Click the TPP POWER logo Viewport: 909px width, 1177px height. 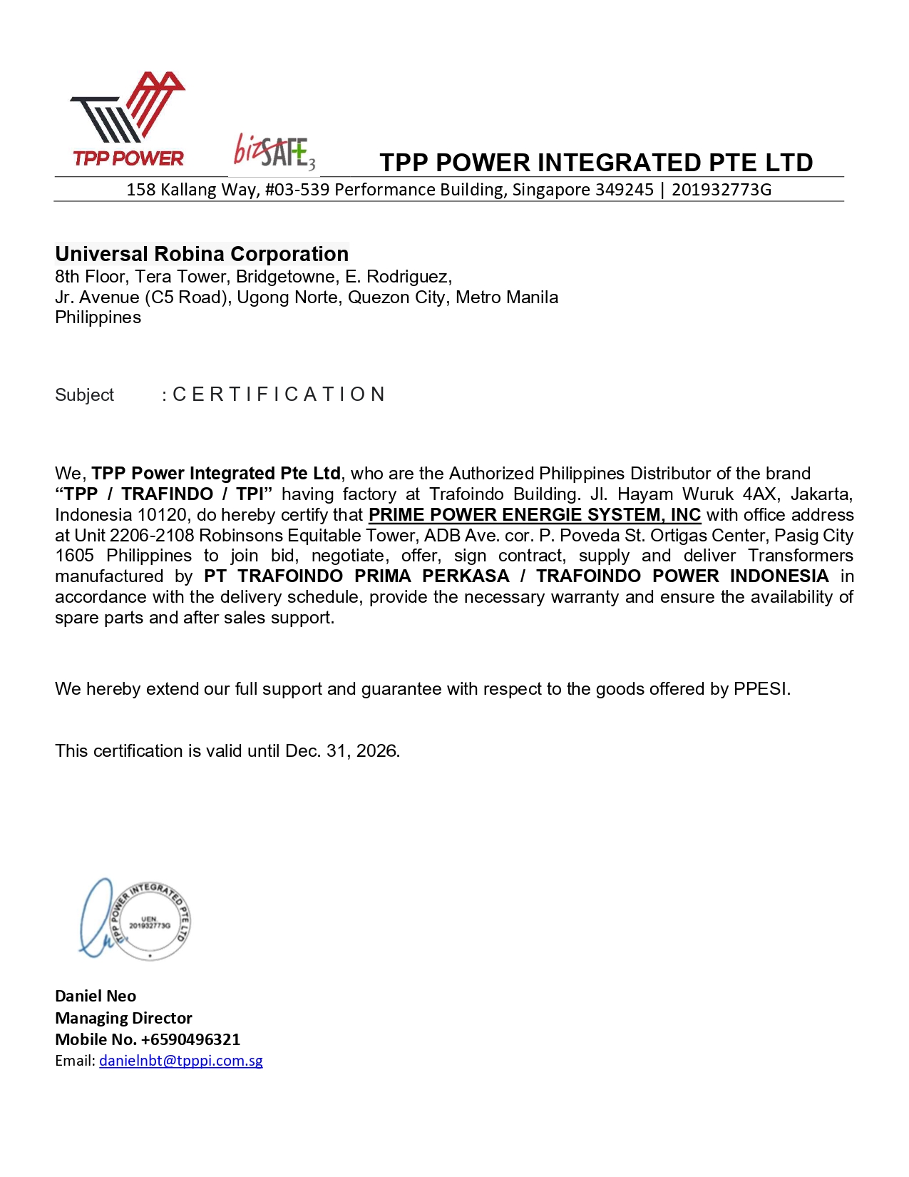click(x=128, y=119)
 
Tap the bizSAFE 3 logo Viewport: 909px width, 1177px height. click(x=274, y=152)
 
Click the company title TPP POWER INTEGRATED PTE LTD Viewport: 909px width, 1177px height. click(x=596, y=163)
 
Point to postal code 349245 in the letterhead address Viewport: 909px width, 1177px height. click(x=624, y=190)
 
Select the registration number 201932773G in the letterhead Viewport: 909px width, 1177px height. click(x=721, y=190)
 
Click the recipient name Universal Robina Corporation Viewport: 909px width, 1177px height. click(x=202, y=254)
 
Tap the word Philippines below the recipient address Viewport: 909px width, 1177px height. click(x=98, y=317)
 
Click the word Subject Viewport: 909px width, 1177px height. click(x=84, y=395)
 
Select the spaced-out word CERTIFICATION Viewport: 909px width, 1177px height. click(x=279, y=394)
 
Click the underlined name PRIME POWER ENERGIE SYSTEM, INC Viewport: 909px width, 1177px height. click(x=534, y=515)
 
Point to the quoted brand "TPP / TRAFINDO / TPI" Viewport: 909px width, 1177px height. click(x=164, y=494)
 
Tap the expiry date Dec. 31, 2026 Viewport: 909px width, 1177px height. click(x=341, y=751)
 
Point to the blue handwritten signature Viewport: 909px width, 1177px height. click(x=96, y=920)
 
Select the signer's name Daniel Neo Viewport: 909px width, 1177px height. click(x=96, y=996)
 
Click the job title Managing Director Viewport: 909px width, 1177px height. click(x=123, y=1018)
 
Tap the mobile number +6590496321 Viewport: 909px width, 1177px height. click(x=190, y=1039)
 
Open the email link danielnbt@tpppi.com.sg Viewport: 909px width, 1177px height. click(x=181, y=1061)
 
